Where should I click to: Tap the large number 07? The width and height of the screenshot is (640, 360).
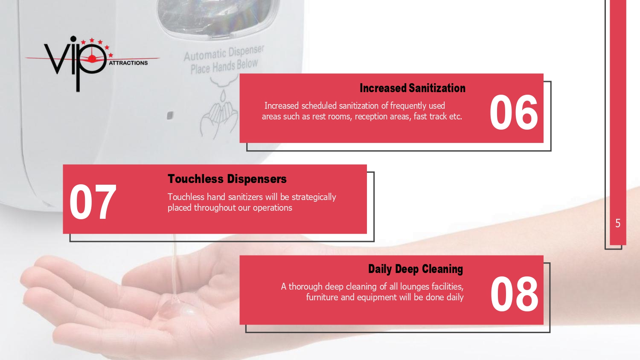point(93,202)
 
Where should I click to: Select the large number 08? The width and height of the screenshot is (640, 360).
point(514,294)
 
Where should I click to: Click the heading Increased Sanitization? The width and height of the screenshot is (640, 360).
point(413,88)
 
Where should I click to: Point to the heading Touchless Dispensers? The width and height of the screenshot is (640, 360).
point(227,179)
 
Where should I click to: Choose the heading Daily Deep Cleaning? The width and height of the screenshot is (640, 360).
point(416,269)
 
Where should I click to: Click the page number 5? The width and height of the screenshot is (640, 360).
point(618,224)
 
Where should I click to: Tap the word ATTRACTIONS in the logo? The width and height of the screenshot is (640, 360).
point(128,63)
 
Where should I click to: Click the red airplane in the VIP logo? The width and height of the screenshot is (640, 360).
point(92,58)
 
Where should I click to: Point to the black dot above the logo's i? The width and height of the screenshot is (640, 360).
point(73,38)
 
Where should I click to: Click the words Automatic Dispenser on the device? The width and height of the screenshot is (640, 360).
point(224,53)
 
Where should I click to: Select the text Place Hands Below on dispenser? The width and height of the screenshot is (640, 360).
point(224,67)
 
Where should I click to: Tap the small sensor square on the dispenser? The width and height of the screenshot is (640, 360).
point(170,116)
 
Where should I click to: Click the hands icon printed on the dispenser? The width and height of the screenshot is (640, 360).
point(219,114)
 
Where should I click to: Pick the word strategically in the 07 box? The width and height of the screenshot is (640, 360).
point(314,197)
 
